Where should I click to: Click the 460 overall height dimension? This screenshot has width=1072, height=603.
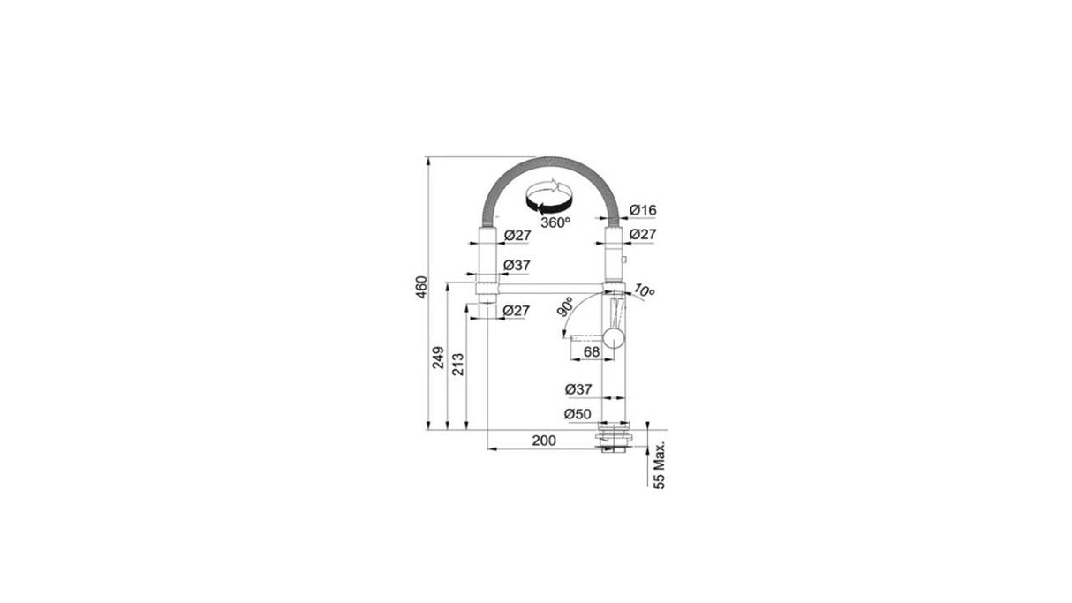422,288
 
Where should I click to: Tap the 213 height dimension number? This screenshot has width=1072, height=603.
457,363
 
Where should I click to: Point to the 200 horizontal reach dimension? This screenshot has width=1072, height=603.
544,441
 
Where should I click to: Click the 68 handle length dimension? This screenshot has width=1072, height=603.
591,351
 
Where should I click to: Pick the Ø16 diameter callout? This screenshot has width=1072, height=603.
644,210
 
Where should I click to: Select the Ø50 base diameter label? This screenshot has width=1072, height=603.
578,413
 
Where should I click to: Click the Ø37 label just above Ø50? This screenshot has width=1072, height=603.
578,388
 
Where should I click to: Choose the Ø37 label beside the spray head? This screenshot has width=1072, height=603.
516,266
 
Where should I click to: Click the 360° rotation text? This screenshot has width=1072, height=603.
556,223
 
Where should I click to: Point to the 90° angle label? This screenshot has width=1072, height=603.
563,309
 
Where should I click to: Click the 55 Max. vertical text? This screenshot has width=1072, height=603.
660,462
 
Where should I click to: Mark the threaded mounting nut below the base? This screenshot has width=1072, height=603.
613,441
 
